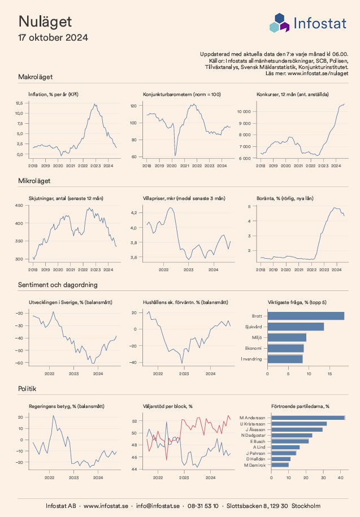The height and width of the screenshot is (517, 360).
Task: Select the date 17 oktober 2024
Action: click(53, 38)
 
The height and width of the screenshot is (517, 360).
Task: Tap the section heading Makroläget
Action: click(36, 76)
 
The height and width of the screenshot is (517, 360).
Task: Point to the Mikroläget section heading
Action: click(34, 181)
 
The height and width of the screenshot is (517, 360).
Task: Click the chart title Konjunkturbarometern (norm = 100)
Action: click(182, 94)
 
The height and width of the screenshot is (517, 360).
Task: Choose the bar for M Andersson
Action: click(308, 418)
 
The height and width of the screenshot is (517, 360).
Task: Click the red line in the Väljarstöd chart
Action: click(195, 423)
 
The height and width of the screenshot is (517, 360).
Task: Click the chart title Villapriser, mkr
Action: click(184, 198)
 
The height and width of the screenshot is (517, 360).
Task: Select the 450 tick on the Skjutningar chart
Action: click(19, 206)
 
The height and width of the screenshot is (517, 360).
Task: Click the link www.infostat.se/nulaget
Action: click(318, 73)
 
